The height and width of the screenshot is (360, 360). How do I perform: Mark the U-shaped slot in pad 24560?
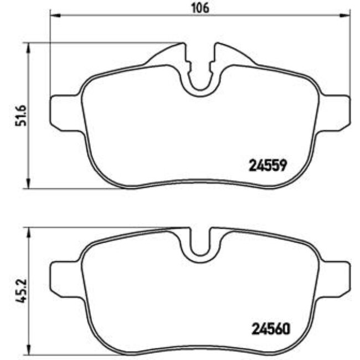(200, 244)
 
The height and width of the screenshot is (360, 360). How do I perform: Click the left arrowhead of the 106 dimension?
(54, 16)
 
